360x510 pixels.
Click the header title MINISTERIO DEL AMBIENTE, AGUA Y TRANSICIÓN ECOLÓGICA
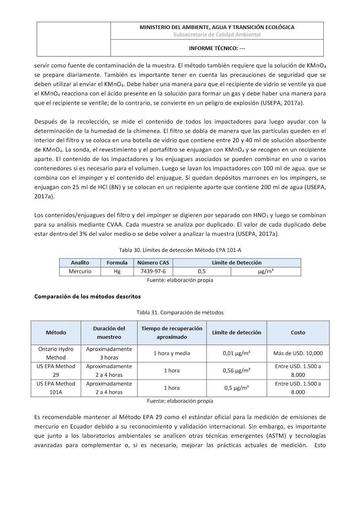tap(217, 27)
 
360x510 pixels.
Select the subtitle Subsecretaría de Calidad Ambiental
tap(217, 35)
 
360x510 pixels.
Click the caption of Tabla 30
tap(180, 250)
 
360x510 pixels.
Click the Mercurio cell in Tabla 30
tap(80, 271)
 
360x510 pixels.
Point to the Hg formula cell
tap(117, 271)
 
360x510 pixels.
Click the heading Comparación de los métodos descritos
tap(88, 296)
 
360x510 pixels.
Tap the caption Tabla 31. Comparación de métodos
tap(180, 312)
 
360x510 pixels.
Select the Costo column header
tap(298, 333)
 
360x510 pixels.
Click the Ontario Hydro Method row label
tap(56, 353)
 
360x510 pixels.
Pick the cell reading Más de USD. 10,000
tap(298, 353)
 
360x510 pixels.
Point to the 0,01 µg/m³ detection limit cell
tap(237, 353)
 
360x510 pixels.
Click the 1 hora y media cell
tap(172, 353)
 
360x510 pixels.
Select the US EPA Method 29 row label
tap(56, 371)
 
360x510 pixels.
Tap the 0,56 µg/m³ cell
tap(237, 371)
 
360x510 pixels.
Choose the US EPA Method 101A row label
tap(56, 388)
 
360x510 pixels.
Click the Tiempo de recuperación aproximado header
tap(172, 333)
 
